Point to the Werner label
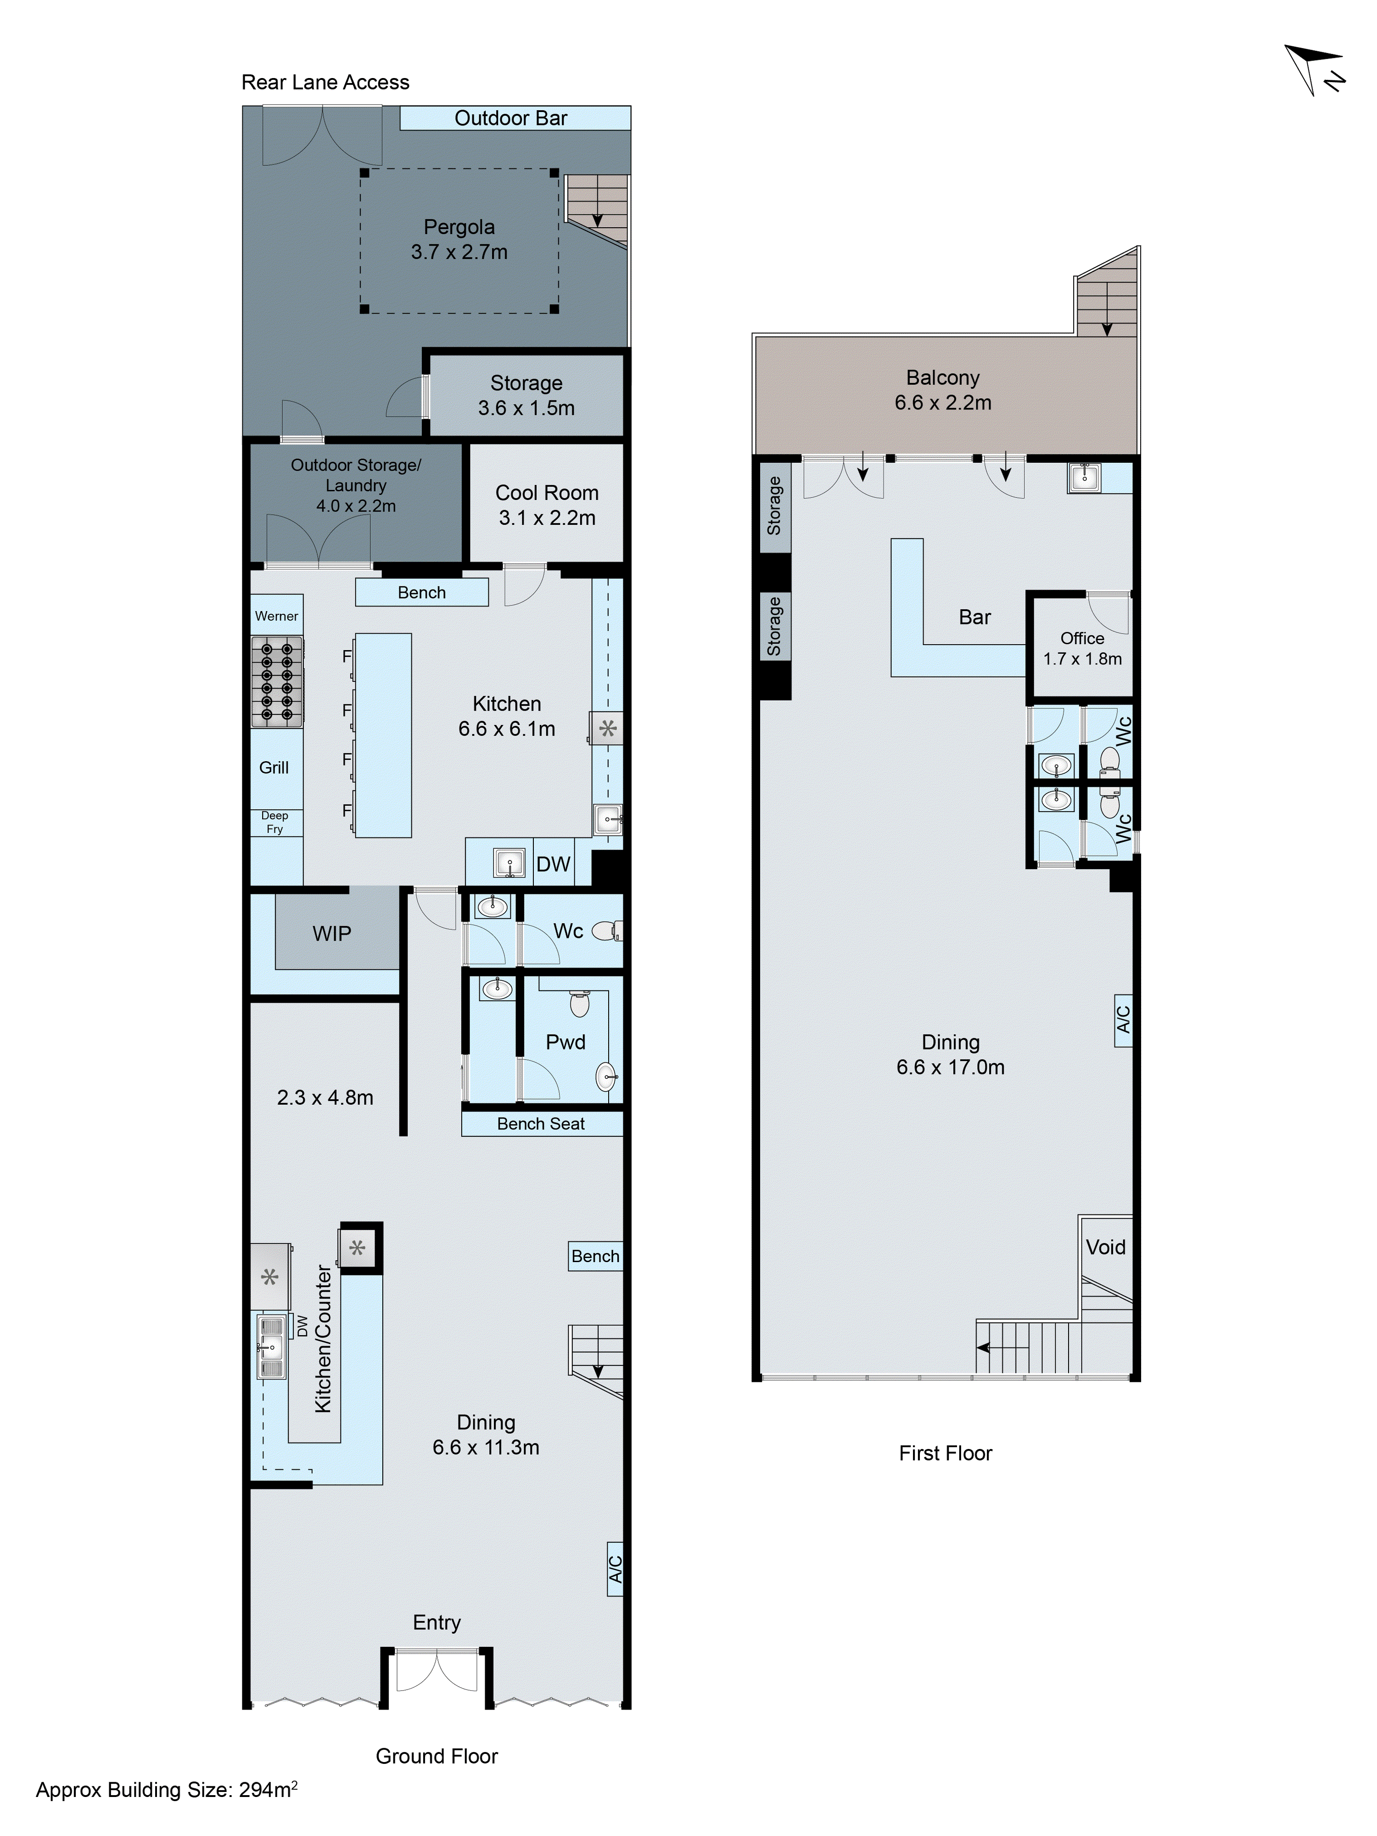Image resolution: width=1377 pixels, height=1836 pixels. (x=276, y=616)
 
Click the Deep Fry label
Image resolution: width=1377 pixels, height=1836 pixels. (x=275, y=822)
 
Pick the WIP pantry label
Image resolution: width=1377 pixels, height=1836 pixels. (x=332, y=934)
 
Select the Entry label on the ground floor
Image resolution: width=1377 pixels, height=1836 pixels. (x=437, y=1622)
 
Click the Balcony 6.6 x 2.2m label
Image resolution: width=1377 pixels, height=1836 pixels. (x=943, y=390)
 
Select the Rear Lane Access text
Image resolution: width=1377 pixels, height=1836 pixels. (x=325, y=82)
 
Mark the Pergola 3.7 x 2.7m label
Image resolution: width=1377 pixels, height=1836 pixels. (x=459, y=239)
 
